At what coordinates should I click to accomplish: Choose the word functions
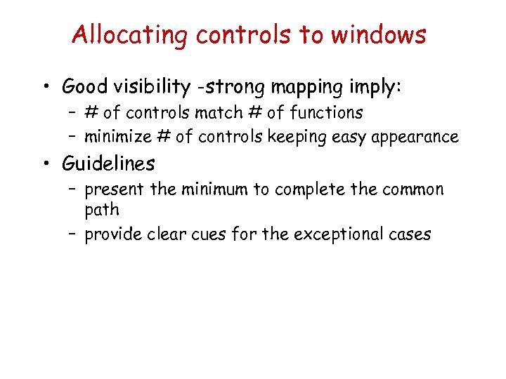pyautogui.click(x=326, y=112)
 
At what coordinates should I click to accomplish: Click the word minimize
pyautogui.click(x=116, y=136)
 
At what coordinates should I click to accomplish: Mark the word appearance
pyautogui.click(x=419, y=137)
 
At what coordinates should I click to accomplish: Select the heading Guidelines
pyautogui.click(x=108, y=164)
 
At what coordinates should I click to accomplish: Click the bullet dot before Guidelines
pyautogui.click(x=47, y=164)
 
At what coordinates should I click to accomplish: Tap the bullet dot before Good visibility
pyautogui.click(x=47, y=88)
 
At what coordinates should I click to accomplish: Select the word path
pyautogui.click(x=102, y=210)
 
